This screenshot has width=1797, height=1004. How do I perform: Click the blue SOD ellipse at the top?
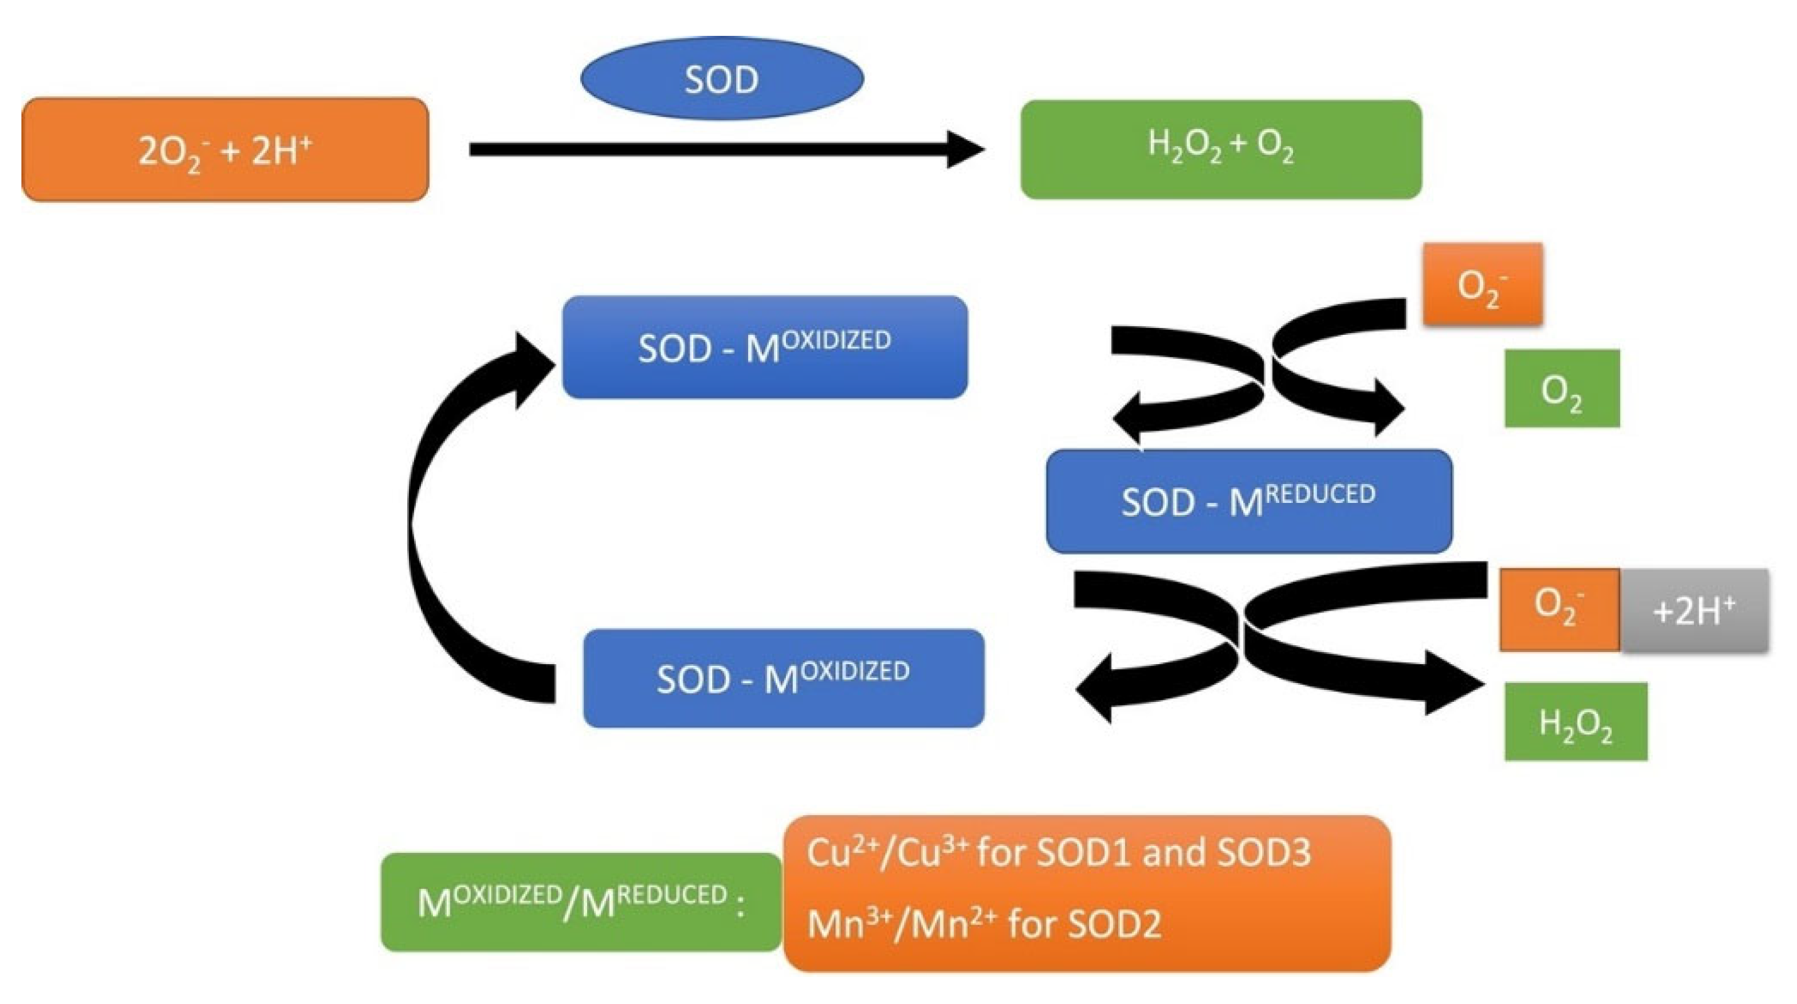(x=722, y=78)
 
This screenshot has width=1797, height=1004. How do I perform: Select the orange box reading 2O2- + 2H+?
(x=225, y=150)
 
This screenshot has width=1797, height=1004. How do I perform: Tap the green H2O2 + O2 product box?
(x=1221, y=149)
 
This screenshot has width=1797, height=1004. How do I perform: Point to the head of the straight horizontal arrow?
(x=966, y=149)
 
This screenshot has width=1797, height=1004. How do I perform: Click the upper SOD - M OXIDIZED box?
(x=764, y=347)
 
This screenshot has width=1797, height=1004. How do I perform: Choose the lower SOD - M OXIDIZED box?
(x=783, y=678)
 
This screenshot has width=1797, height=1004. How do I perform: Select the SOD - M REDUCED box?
(x=1249, y=501)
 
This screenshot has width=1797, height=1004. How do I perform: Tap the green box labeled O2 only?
(x=1562, y=388)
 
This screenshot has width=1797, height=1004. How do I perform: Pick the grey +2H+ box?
(x=1694, y=611)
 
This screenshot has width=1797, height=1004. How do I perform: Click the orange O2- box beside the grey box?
(x=1560, y=610)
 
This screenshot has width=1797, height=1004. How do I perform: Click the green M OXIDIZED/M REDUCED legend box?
(x=580, y=901)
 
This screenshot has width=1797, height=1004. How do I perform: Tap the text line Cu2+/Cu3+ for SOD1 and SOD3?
(x=1058, y=852)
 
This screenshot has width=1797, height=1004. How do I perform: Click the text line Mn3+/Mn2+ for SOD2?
(x=983, y=924)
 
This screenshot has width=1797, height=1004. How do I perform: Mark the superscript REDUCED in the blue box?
(x=1320, y=494)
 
